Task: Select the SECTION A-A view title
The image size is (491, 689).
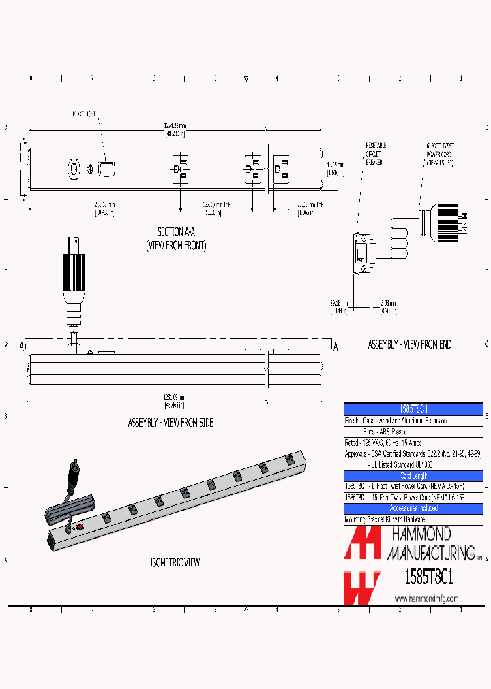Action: (x=176, y=232)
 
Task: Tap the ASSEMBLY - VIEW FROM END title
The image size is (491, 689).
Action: (x=409, y=344)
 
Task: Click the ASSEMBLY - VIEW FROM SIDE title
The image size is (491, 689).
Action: (x=170, y=423)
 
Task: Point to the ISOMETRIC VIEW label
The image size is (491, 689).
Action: (x=175, y=562)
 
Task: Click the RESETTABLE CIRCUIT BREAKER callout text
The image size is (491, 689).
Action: (x=376, y=154)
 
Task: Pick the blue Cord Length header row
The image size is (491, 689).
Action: (x=413, y=476)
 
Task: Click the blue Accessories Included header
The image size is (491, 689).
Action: (x=413, y=509)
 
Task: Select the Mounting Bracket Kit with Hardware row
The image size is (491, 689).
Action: (x=385, y=519)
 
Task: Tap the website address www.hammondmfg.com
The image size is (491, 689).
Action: (x=426, y=598)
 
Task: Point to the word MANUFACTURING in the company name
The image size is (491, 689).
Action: (x=431, y=552)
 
